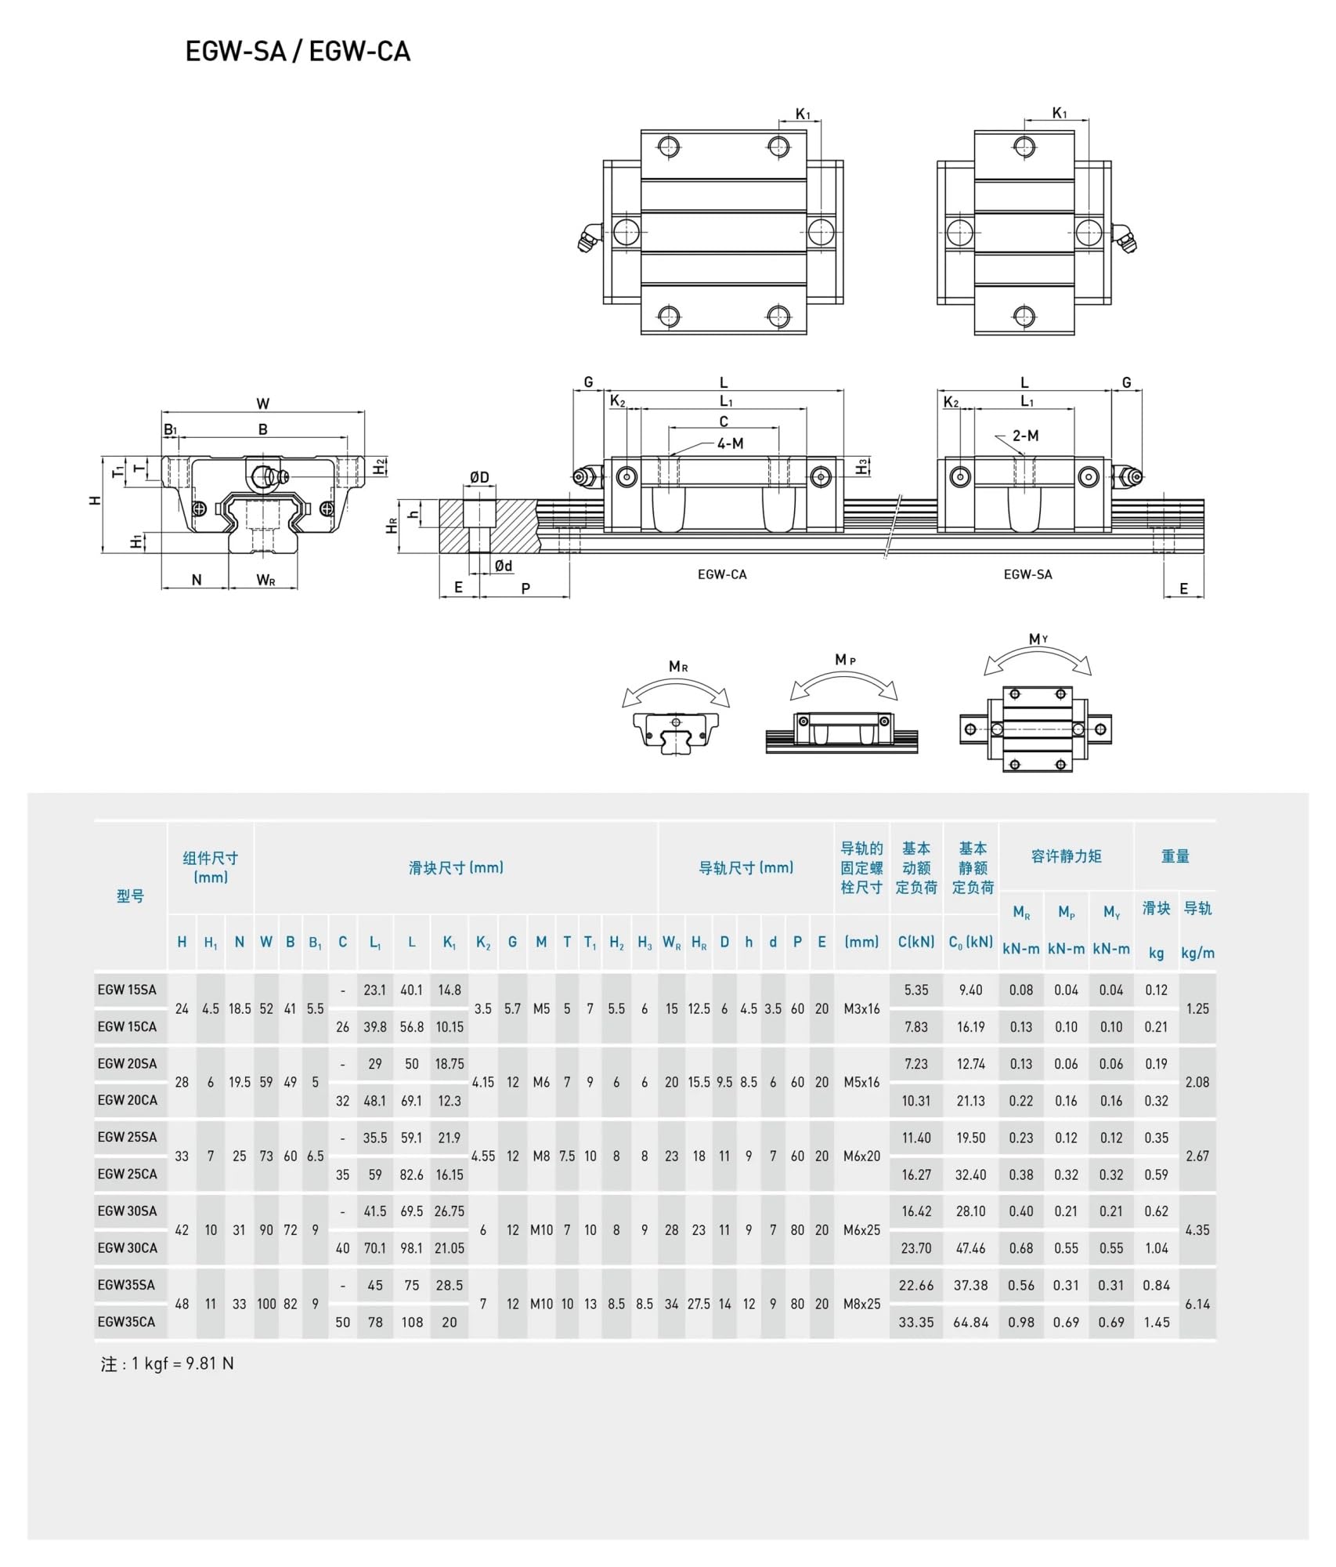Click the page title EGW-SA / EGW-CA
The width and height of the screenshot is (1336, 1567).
298,52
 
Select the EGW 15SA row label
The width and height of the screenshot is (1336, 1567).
127,990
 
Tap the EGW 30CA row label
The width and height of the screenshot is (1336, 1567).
127,1247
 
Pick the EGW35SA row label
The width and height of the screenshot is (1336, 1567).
126,1285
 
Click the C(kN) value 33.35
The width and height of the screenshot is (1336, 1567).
916,1322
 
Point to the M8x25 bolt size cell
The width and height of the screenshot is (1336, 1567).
861,1304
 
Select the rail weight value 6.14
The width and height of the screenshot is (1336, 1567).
1197,1304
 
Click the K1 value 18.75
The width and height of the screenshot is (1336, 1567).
450,1063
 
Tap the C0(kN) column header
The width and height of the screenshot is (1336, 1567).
971,942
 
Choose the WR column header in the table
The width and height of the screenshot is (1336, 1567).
672,943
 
